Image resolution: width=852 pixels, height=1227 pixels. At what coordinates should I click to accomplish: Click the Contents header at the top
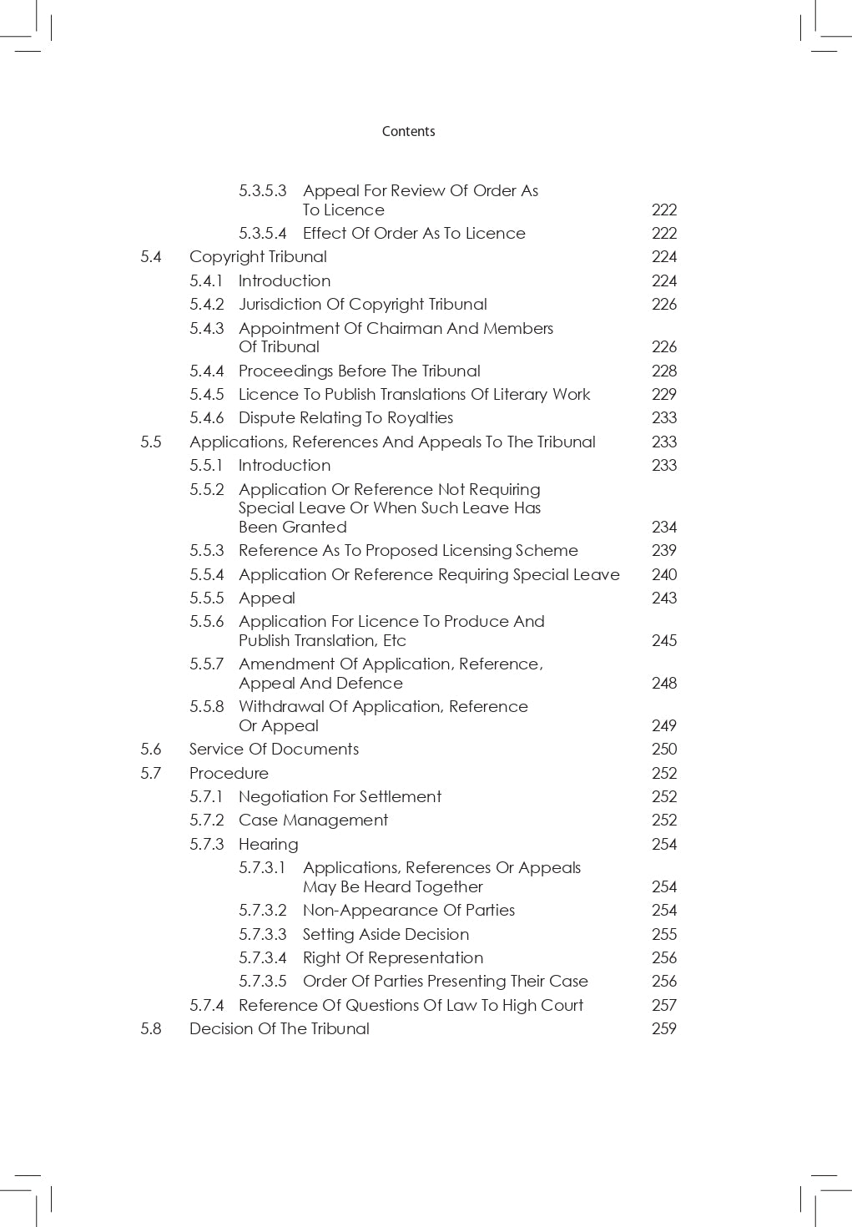[x=408, y=131]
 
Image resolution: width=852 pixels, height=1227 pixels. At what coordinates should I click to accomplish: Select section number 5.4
[x=151, y=257]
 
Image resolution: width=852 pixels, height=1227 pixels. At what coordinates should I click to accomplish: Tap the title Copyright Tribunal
[x=258, y=257]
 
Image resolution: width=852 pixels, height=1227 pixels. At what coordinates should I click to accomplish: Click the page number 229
[x=664, y=395]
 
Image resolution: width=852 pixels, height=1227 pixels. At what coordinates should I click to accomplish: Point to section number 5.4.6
[x=207, y=418]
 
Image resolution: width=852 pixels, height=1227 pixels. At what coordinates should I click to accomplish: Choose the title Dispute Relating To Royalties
[x=345, y=418]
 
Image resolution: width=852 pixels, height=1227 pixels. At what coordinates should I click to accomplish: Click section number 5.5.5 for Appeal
[x=207, y=598]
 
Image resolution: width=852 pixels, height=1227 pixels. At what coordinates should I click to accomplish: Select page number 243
[x=664, y=598]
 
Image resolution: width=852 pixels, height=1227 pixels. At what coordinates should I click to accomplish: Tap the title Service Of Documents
[x=274, y=750]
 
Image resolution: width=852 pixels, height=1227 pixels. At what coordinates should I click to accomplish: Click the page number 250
[x=664, y=750]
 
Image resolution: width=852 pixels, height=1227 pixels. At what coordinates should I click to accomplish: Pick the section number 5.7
[x=151, y=774]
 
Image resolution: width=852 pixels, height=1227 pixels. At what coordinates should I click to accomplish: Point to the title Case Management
[x=313, y=821]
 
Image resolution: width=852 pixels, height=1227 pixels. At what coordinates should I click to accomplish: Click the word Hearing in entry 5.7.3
[x=268, y=845]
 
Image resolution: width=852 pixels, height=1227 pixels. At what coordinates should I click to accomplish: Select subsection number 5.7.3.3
[x=262, y=935]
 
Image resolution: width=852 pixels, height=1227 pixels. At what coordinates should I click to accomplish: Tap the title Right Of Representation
[x=393, y=958]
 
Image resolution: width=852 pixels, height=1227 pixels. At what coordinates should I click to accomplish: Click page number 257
[x=664, y=1006]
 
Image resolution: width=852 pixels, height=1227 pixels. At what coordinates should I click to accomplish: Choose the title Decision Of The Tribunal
[x=279, y=1029]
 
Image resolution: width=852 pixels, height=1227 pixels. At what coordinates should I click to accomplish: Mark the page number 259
[x=664, y=1029]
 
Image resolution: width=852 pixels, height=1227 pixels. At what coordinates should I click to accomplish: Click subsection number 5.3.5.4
[x=262, y=234]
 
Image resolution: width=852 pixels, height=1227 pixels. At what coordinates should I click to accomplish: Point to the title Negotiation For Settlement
[x=340, y=797]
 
